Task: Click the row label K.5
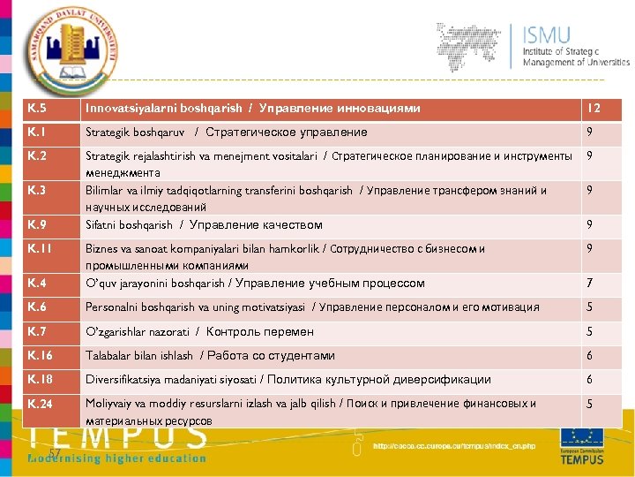(x=38, y=109)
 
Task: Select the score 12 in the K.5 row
(x=594, y=109)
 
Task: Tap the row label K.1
(x=38, y=132)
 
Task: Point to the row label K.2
(x=38, y=156)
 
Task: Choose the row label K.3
(x=38, y=190)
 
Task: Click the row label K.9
(x=38, y=224)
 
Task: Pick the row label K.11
(x=41, y=249)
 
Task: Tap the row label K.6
(x=38, y=307)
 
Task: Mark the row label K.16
(x=41, y=355)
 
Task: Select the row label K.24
(x=41, y=404)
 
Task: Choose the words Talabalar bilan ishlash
(x=138, y=355)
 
